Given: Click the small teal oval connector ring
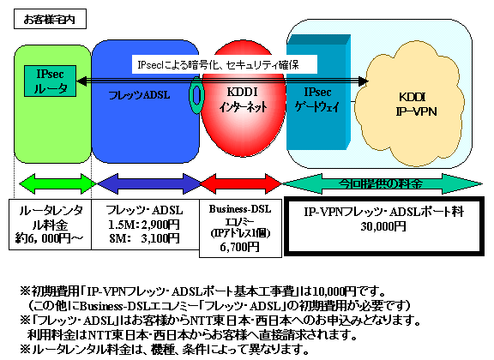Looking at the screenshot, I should tap(196, 96).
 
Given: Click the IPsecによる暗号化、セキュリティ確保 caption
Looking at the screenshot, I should tap(225, 63).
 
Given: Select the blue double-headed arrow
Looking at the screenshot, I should tap(144, 183).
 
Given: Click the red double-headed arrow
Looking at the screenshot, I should tap(238, 183).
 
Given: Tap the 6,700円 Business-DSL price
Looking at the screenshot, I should tap(238, 247).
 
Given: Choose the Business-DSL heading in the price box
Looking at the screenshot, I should tap(238, 207).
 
